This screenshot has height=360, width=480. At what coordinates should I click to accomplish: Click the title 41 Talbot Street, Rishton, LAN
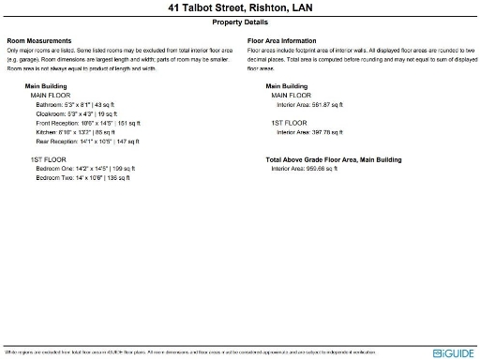[240, 8]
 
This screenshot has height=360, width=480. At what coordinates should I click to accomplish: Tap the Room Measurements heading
[39, 41]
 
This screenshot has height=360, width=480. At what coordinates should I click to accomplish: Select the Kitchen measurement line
[75, 132]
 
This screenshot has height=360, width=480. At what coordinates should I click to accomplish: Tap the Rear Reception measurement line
[87, 142]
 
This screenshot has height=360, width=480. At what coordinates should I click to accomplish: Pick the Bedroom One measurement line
[85, 169]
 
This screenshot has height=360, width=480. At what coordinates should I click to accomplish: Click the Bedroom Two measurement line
[83, 178]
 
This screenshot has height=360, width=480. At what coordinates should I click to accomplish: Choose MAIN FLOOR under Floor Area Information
[291, 95]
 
